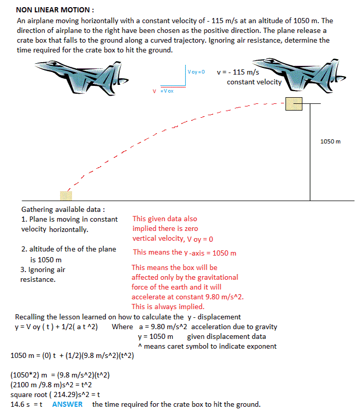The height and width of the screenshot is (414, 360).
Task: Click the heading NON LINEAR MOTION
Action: pyautogui.click(x=55, y=10)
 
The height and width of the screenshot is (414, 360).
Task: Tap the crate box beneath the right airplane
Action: pyautogui.click(x=294, y=103)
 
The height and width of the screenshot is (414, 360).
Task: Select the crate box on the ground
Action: pyautogui.click(x=66, y=195)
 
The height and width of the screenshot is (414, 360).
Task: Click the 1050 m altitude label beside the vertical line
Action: pyautogui.click(x=330, y=141)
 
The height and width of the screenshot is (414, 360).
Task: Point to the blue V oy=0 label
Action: pyautogui.click(x=196, y=71)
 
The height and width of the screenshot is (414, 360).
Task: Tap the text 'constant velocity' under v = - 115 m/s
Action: pyautogui.click(x=254, y=82)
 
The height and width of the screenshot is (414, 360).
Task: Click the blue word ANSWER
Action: pyautogui.click(x=67, y=404)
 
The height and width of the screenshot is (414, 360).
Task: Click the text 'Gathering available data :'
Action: pyautogui.click(x=63, y=210)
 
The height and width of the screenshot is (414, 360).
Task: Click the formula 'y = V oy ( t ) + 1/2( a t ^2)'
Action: pyautogui.click(x=57, y=327)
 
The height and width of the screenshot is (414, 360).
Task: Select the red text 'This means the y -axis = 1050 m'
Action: pyautogui.click(x=185, y=253)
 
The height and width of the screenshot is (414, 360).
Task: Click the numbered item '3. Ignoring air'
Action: pyautogui.click(x=43, y=269)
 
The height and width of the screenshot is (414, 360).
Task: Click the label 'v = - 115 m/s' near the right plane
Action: pyautogui.click(x=238, y=73)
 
